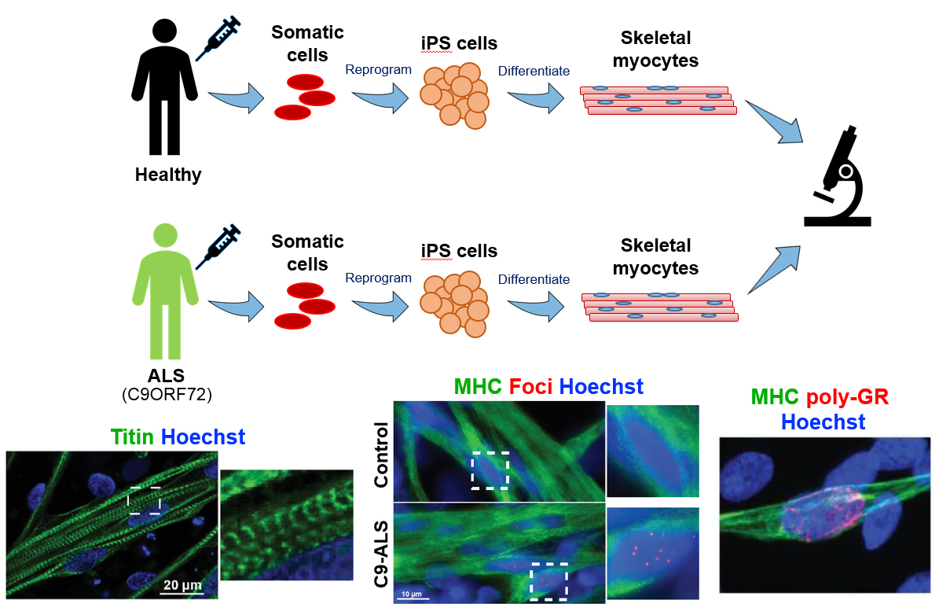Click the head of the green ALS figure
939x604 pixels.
pyautogui.click(x=165, y=235)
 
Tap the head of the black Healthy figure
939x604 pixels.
pyautogui.click(x=165, y=31)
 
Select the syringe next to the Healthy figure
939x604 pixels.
pyautogui.click(x=218, y=39)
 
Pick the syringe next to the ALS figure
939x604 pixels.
pyautogui.click(x=218, y=246)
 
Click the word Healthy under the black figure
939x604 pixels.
pyautogui.click(x=168, y=175)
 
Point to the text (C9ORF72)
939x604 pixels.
pyautogui.click(x=167, y=395)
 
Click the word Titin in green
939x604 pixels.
pyautogui.click(x=132, y=436)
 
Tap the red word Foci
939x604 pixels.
pyautogui.click(x=530, y=387)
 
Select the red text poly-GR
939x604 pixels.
pyautogui.click(x=847, y=396)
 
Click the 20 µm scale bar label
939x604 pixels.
pyautogui.click(x=182, y=585)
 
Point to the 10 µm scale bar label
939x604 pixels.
pyautogui.click(x=412, y=594)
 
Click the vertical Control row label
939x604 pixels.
pyautogui.click(x=381, y=455)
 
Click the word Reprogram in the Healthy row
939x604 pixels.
pyautogui.click(x=379, y=70)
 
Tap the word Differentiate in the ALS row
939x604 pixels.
pyautogui.click(x=534, y=279)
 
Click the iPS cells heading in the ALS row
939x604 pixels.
pyautogui.click(x=460, y=251)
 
